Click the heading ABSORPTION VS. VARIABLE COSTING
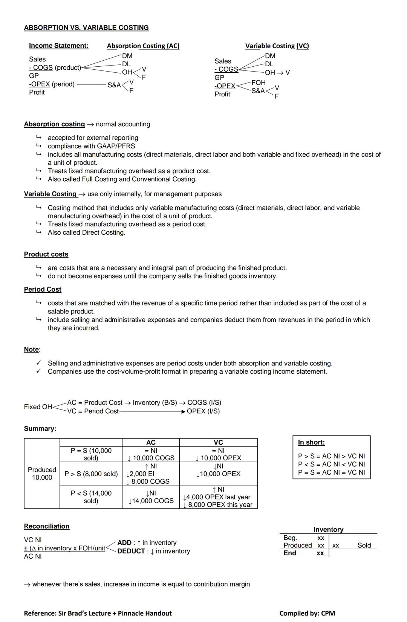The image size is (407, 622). pyautogui.click(x=86, y=28)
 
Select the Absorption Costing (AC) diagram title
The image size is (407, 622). pyautogui.click(x=143, y=46)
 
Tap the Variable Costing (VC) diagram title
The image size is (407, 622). pyautogui.click(x=277, y=46)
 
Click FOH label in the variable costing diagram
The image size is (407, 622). pyautogui.click(x=258, y=82)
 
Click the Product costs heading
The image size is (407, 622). pyautogui.click(x=46, y=254)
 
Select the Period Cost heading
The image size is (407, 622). pyautogui.click(x=43, y=289)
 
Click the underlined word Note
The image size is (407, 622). pyautogui.click(x=31, y=349)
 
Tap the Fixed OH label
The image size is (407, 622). pyautogui.click(x=38, y=407)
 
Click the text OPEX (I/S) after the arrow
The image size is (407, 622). pyautogui.click(x=203, y=411)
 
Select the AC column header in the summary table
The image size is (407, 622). pyautogui.click(x=151, y=442)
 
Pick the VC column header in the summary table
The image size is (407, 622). pyautogui.click(x=218, y=442)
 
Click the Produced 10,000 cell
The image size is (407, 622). pyautogui.click(x=42, y=474)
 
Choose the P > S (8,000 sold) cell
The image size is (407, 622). pyautogui.click(x=91, y=474)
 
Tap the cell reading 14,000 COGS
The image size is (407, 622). pyautogui.click(x=151, y=501)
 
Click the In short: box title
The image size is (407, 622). pyautogui.click(x=311, y=442)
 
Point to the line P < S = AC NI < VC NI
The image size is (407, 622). pyautogui.click(x=331, y=464)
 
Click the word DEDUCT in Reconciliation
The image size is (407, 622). pyautogui.click(x=131, y=551)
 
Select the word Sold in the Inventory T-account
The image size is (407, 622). pyautogui.click(x=364, y=545)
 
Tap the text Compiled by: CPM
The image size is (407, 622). pyautogui.click(x=307, y=613)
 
